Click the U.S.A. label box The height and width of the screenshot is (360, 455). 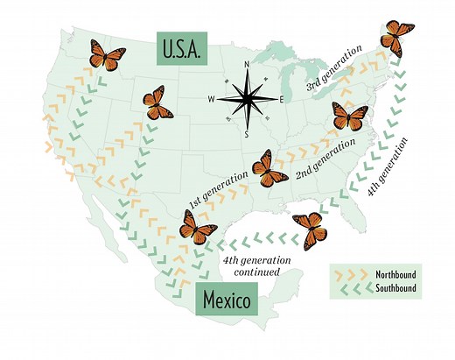point(182,49)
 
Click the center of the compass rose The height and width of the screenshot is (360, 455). point(248,99)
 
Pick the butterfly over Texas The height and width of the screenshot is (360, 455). point(198,227)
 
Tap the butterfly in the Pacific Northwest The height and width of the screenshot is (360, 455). point(107,56)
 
